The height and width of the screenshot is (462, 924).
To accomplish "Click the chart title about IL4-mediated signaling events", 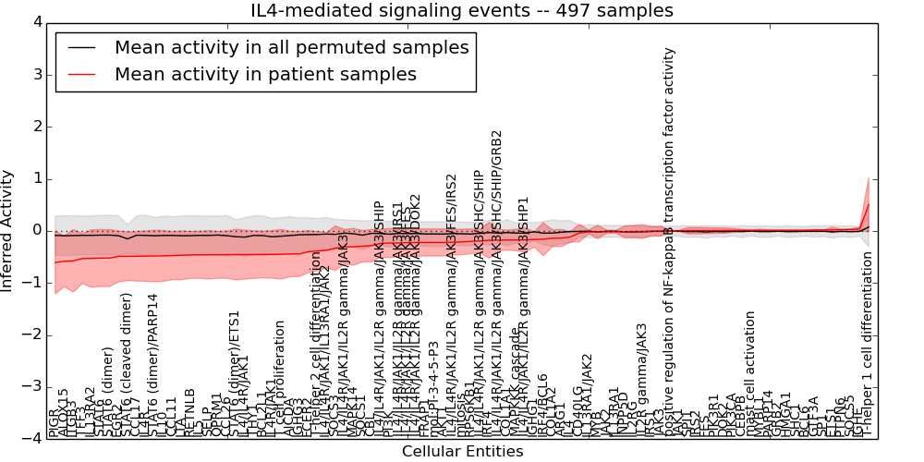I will tap(462, 11).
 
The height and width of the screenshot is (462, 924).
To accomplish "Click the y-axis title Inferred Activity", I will tap(8, 230).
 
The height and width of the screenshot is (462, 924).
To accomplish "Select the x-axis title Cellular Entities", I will tap(462, 452).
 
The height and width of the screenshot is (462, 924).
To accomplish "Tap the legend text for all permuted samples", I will tap(291, 47).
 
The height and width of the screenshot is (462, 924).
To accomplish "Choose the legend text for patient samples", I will tap(265, 74).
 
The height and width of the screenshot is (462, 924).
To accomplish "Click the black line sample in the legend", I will tap(80, 48).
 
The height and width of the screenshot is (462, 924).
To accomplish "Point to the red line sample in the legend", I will tap(80, 75).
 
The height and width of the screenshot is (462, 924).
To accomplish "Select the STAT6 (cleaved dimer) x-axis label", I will tap(128, 365).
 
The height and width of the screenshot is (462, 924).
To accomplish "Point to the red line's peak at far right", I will tap(869, 203).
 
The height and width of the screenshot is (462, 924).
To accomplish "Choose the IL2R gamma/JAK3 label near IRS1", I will tap(640, 378).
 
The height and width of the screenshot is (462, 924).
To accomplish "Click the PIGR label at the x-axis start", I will tap(53, 426).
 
